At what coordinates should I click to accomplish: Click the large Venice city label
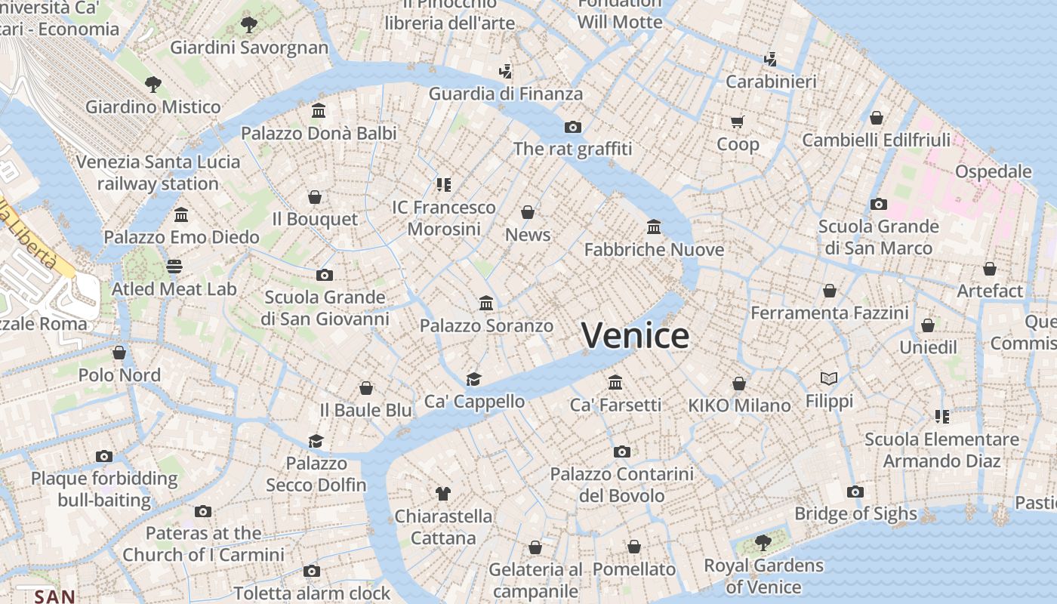(635, 335)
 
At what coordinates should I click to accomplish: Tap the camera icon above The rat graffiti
(573, 127)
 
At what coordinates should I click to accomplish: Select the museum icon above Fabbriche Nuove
(654, 226)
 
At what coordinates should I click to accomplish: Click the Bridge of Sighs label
(855, 514)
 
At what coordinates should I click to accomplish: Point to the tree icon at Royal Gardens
(763, 542)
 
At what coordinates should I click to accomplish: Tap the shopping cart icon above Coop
(737, 122)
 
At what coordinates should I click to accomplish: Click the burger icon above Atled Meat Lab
(174, 266)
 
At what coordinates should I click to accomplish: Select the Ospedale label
(993, 171)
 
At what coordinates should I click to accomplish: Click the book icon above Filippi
(829, 378)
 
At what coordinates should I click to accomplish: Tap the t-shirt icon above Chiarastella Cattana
(443, 494)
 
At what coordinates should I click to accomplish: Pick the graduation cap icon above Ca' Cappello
(473, 379)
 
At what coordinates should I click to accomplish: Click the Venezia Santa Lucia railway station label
(158, 172)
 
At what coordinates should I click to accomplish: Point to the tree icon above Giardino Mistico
(153, 83)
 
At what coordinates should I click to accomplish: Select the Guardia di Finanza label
(506, 94)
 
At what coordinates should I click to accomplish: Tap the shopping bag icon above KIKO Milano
(739, 384)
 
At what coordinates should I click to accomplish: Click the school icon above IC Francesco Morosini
(443, 184)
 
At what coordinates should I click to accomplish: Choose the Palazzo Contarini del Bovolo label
(621, 485)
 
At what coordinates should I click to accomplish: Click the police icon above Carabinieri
(771, 59)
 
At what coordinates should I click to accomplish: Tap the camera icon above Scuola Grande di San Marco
(878, 204)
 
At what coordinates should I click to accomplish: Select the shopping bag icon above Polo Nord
(119, 353)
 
